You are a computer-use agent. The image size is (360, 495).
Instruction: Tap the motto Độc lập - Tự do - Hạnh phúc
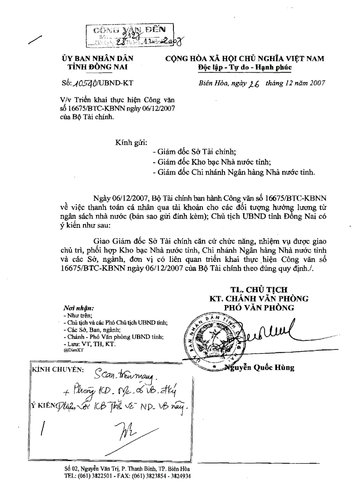244,67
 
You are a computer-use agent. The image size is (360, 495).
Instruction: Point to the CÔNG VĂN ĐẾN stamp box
125,35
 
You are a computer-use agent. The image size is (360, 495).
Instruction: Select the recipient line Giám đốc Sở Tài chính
194,151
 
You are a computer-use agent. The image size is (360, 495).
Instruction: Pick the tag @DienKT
73,350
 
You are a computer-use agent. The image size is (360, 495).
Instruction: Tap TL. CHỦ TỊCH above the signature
259,290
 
